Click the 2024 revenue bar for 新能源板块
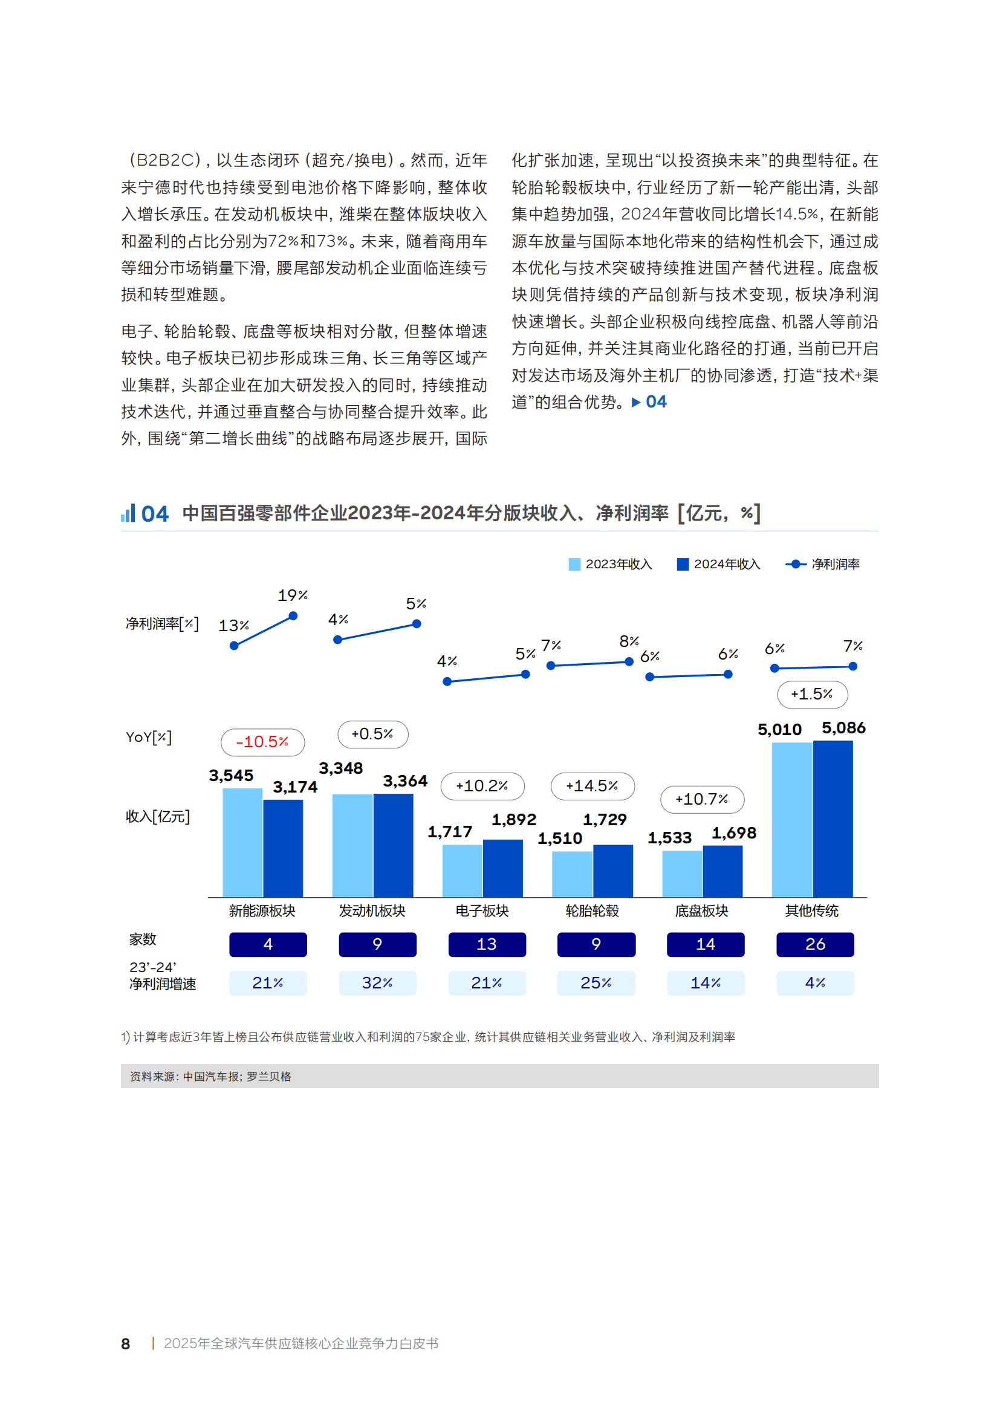coord(282,848)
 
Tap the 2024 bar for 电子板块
coord(502,868)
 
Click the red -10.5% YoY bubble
coord(262,742)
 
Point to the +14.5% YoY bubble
coord(592,786)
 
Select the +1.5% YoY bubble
coord(811,694)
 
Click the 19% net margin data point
coord(293,616)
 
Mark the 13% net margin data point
coord(234,646)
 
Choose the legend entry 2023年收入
coord(609,564)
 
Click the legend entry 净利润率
coord(823,564)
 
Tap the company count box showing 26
coord(814,944)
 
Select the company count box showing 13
coord(487,944)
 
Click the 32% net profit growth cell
coord(377,983)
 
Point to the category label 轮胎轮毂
coord(592,911)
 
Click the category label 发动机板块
coord(372,911)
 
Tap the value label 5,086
coord(843,728)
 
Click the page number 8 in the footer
coord(126,1344)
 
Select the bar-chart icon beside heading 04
coord(128,513)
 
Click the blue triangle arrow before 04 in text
coord(636,402)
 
